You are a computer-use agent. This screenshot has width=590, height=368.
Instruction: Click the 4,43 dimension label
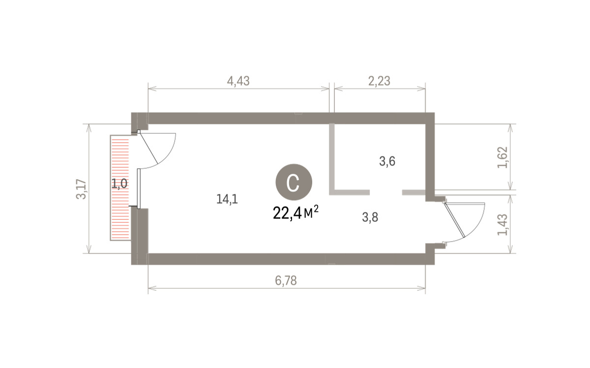[x=238, y=81]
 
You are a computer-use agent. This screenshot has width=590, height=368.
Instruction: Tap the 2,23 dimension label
[x=379, y=81]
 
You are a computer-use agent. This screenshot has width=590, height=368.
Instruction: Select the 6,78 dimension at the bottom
[x=286, y=281]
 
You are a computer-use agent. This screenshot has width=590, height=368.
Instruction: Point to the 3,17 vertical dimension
[x=81, y=189]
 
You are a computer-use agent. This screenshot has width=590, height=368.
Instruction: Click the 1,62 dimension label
[x=502, y=157]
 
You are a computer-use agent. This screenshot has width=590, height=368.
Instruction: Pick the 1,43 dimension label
[x=502, y=225]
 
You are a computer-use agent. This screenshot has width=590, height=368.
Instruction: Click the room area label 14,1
[x=227, y=199]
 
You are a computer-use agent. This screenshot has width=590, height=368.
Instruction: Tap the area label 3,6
[x=387, y=161]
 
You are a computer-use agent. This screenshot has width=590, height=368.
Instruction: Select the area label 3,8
[x=370, y=217]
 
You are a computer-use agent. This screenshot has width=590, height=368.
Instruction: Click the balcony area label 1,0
[x=119, y=184]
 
